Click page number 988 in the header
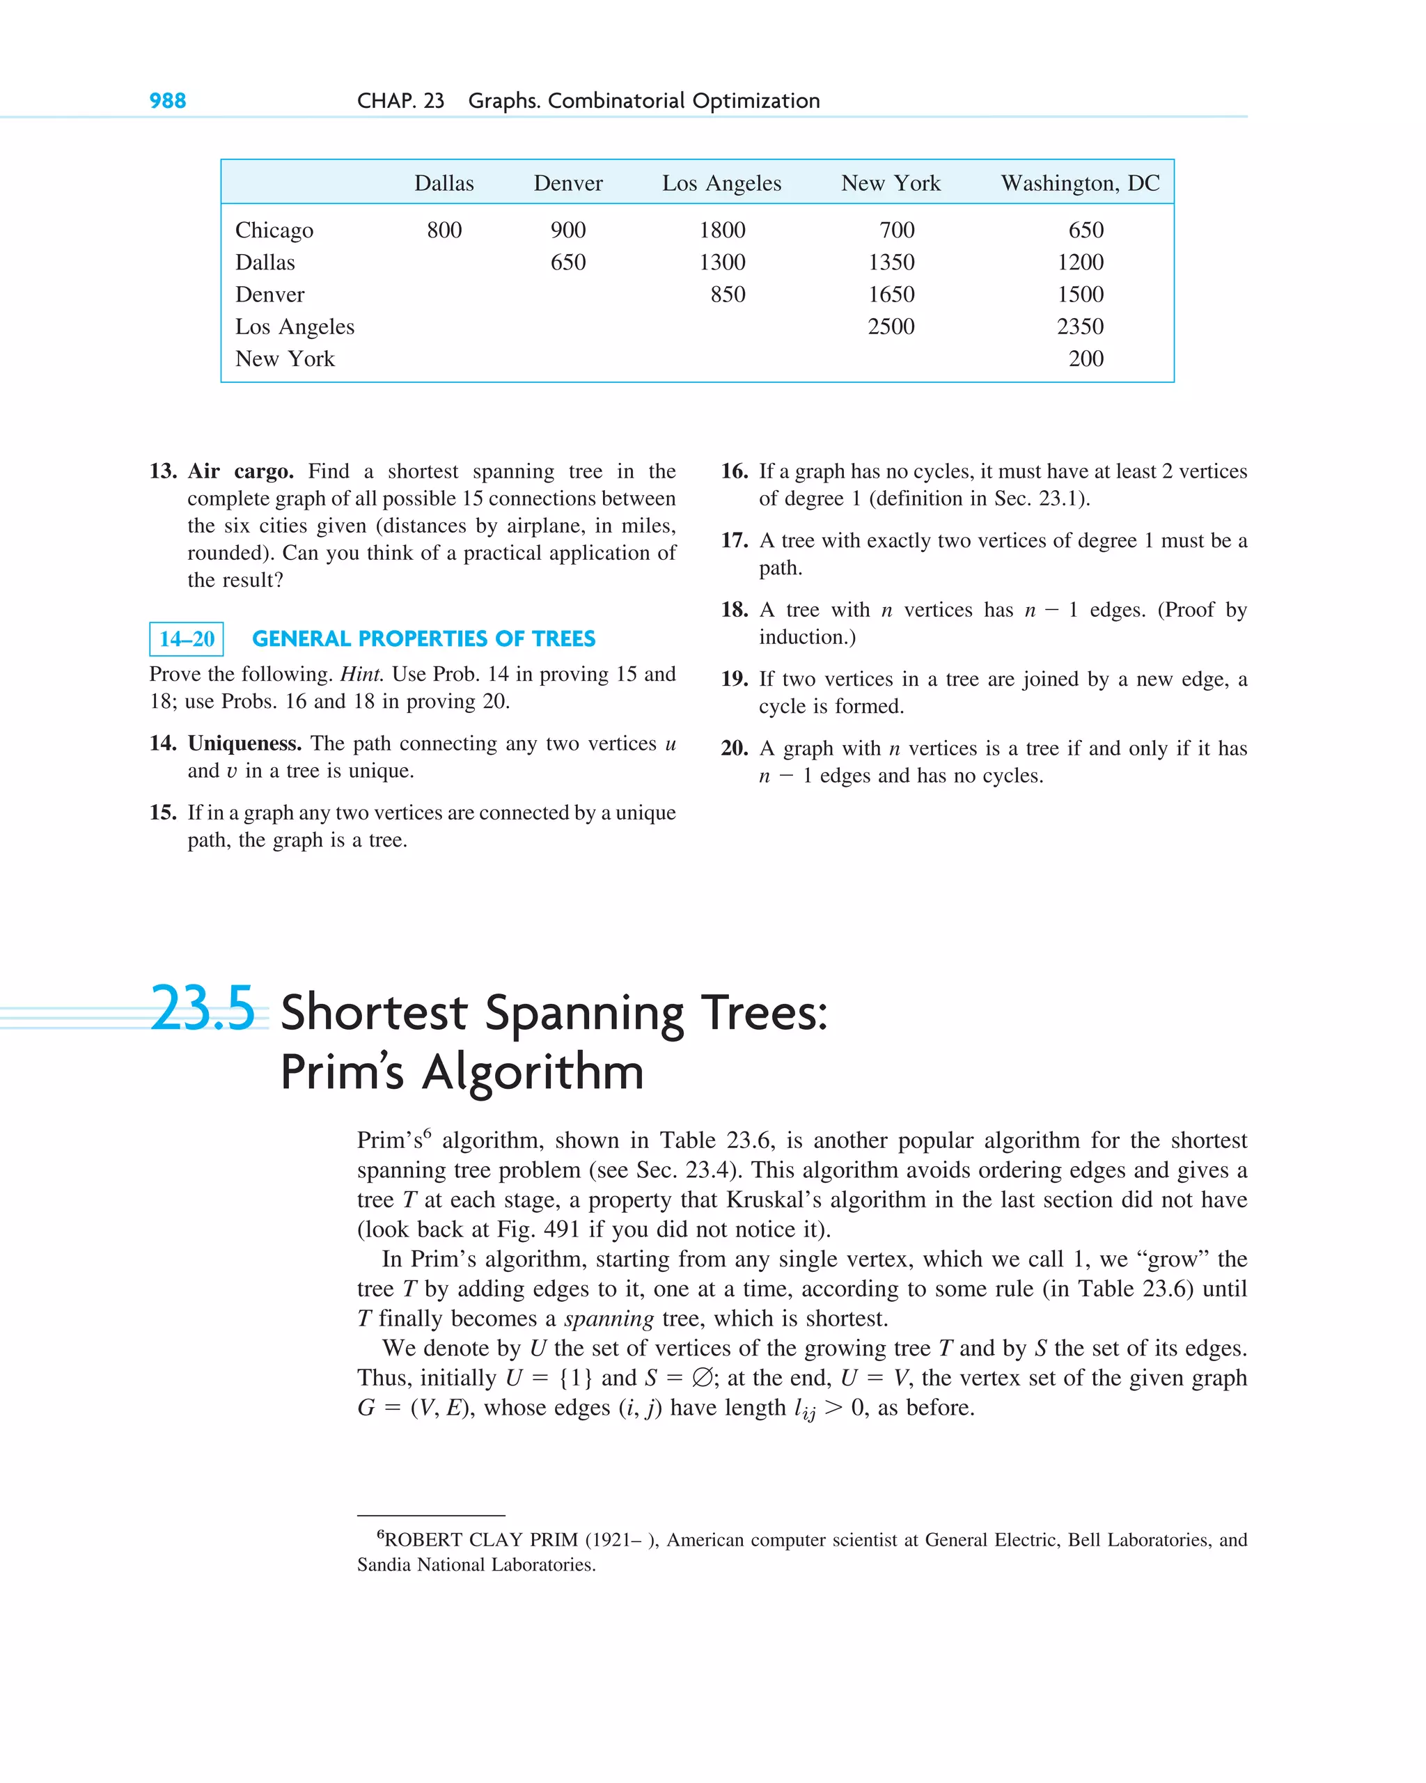pos(167,101)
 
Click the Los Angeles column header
pos(721,183)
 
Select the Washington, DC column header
pos(1079,183)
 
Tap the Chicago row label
pos(274,230)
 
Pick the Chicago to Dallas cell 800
pos(444,230)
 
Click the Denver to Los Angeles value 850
pos(727,294)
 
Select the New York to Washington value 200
pos(1086,359)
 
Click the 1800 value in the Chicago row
pos(722,230)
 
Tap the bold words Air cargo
pos(240,471)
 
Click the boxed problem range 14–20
pos(186,639)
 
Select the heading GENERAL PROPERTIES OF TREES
pos(423,639)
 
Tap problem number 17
pos(734,541)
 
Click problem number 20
pos(734,748)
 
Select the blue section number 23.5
pos(203,1008)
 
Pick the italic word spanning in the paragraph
pos(609,1318)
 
